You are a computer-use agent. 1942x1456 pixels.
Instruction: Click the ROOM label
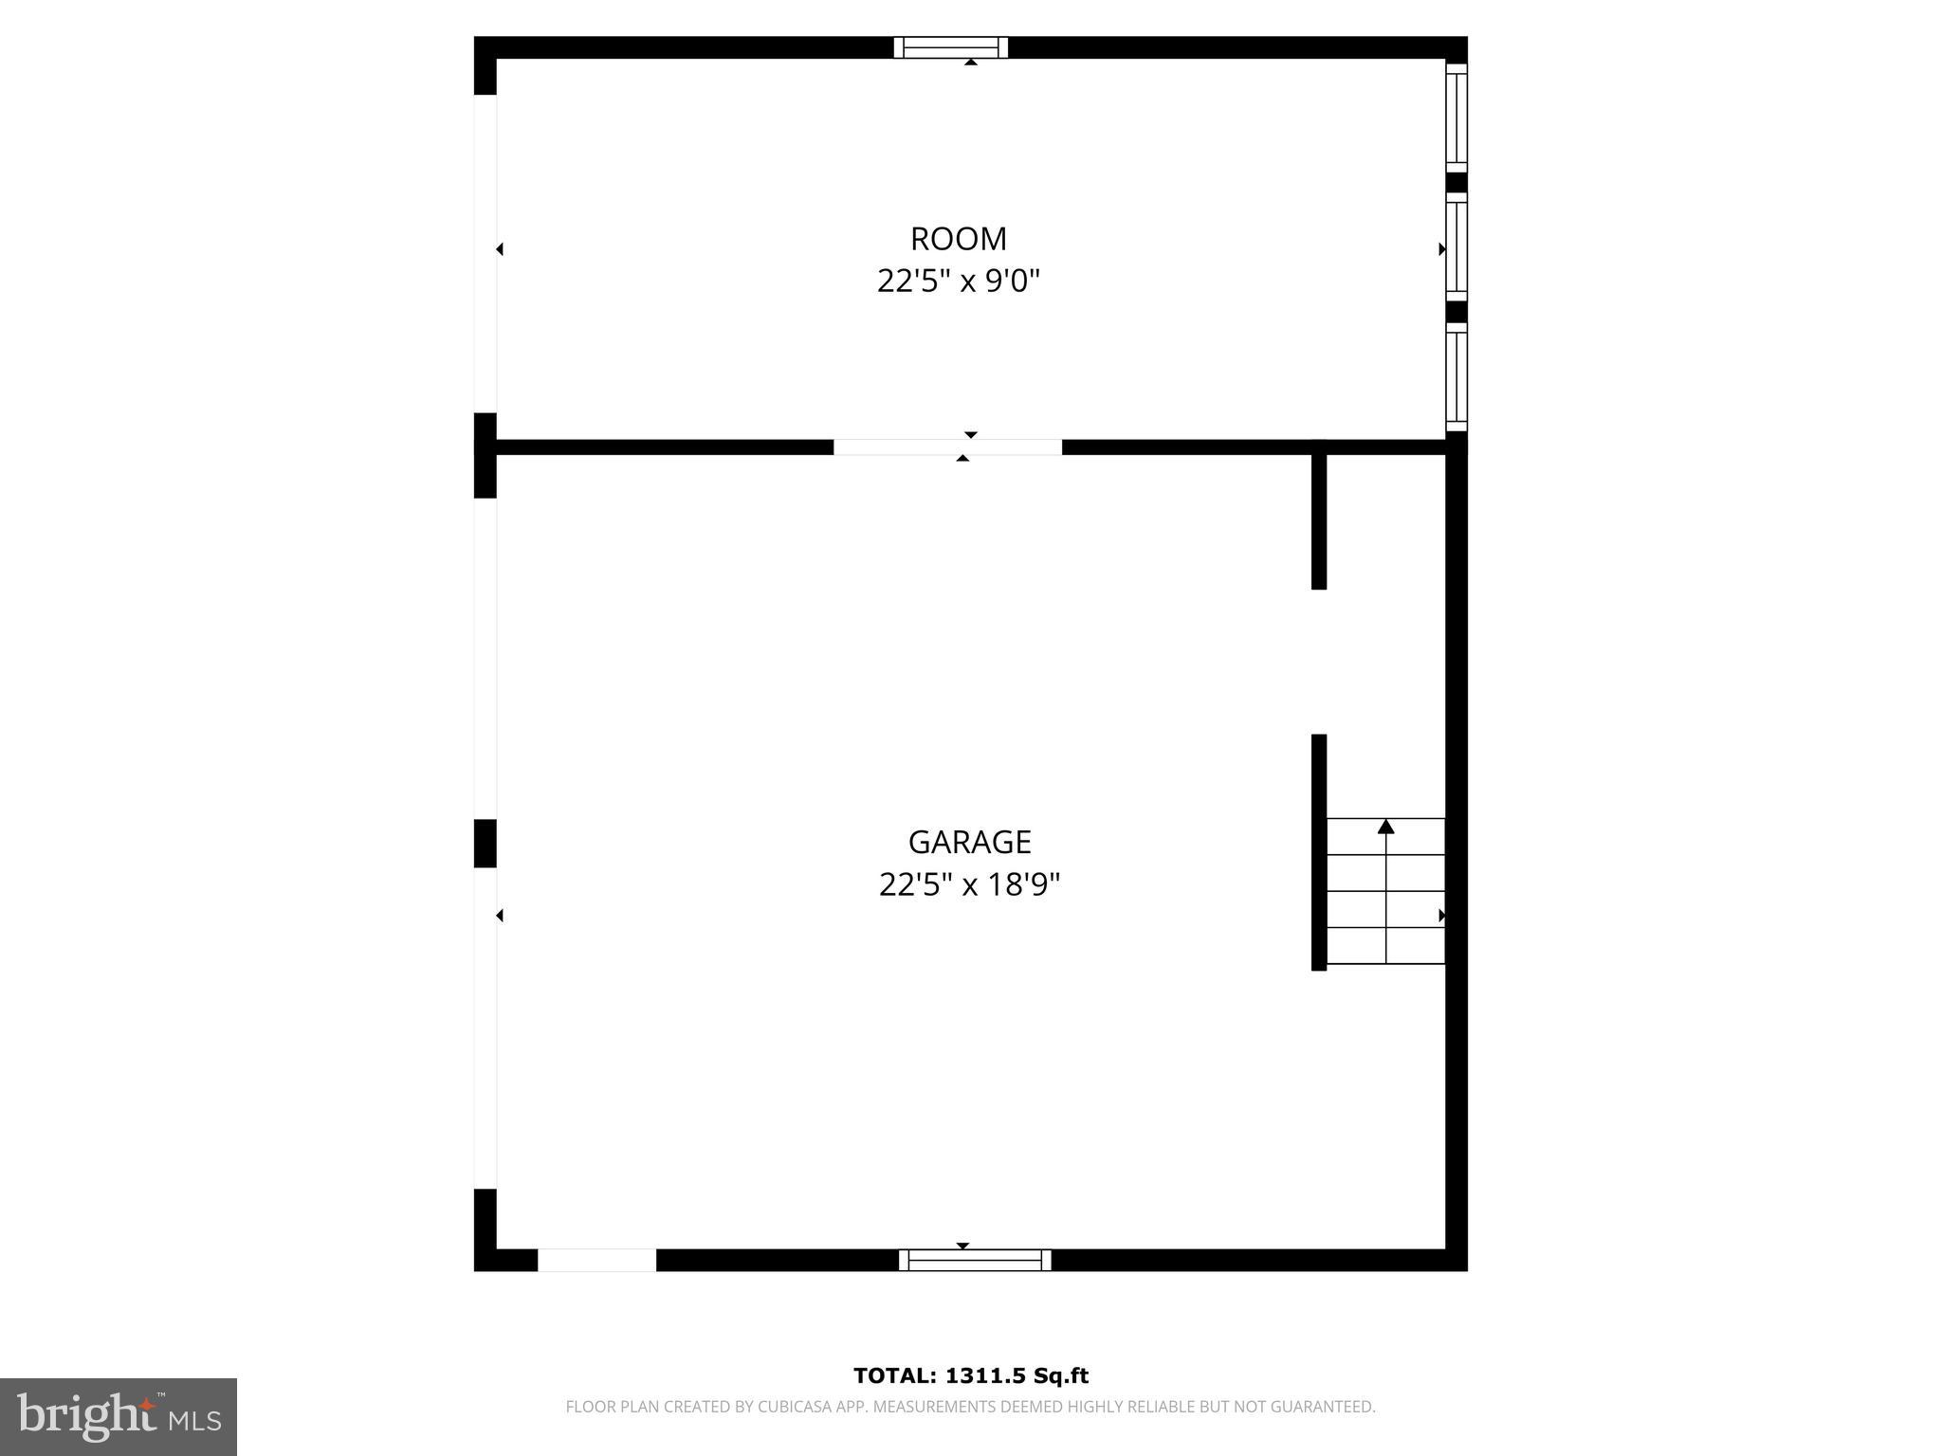958,239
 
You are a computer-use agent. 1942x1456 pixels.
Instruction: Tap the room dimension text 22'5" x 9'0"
958,282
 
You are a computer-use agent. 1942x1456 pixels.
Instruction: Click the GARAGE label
969,842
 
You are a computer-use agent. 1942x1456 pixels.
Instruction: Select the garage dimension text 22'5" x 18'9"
969,884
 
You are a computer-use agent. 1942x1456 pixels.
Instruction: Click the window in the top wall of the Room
950,47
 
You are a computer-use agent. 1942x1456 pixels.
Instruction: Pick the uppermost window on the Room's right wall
1456,118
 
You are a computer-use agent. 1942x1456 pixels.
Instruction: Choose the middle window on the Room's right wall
1456,247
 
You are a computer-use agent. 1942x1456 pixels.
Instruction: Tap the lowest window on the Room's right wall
1456,376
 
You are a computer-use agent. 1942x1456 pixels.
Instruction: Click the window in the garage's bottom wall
975,1260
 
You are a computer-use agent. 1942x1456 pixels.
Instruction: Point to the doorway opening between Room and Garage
947,447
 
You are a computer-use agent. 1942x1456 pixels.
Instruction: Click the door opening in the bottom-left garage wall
596,1260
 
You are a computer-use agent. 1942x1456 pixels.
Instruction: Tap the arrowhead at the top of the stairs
1385,827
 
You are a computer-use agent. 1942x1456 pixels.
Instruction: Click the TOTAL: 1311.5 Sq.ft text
970,1375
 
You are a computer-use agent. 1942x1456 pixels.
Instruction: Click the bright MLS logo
119,1416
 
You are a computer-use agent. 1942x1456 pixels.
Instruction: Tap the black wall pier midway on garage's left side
485,843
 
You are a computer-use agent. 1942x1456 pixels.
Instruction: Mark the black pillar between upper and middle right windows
1456,183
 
